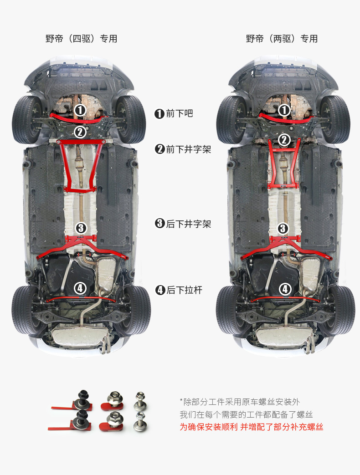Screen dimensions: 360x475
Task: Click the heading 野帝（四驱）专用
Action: tap(81, 39)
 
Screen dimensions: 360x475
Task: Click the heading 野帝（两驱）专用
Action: tap(282, 39)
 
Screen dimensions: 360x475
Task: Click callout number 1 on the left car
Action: tap(80, 110)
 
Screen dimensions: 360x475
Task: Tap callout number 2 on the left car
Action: tap(80, 132)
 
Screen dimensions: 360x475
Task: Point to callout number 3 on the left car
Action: tap(81, 228)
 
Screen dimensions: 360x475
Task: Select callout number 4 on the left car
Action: tap(80, 288)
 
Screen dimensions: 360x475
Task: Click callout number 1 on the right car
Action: tap(284, 110)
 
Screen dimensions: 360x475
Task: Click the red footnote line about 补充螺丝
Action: tap(251, 427)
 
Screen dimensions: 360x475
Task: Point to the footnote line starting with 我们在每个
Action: tap(247, 414)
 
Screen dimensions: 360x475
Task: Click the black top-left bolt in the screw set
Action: tap(83, 395)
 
